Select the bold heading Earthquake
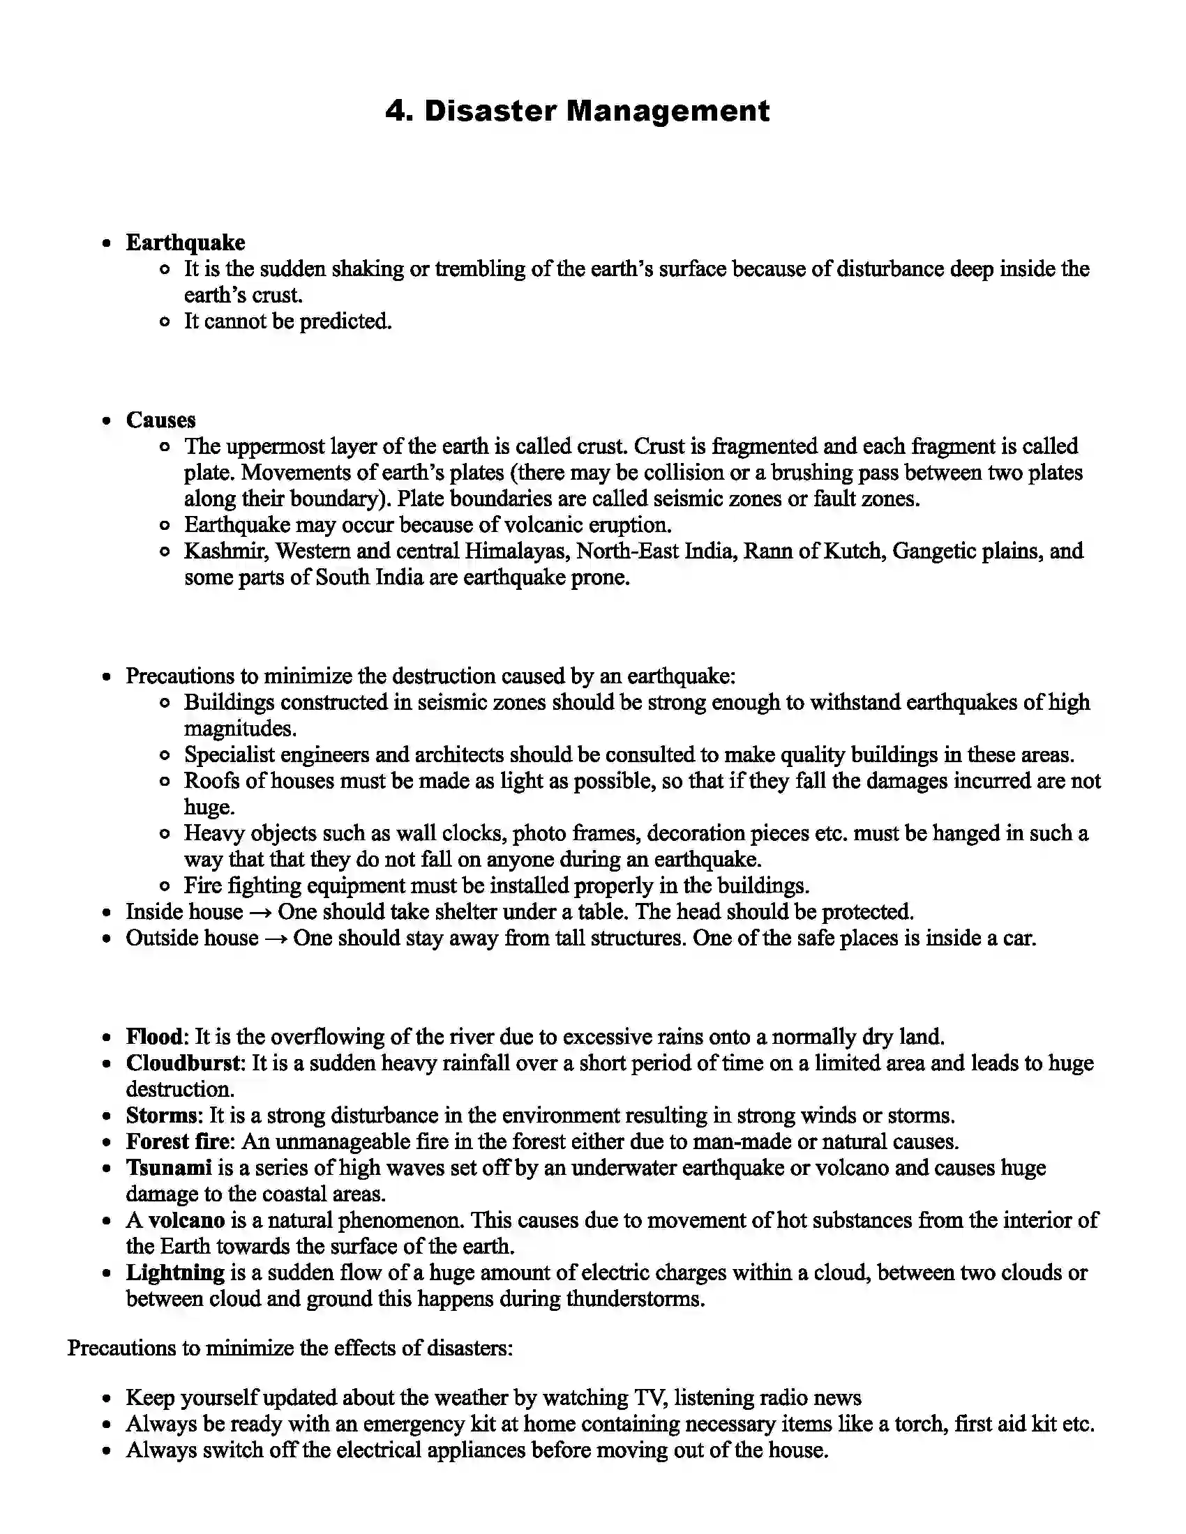(x=186, y=243)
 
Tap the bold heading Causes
(x=160, y=420)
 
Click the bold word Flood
(x=154, y=1038)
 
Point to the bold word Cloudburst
(x=184, y=1063)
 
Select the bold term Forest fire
(x=178, y=1142)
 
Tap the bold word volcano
(x=186, y=1221)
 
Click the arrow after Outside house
(x=276, y=939)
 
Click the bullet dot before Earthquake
(x=106, y=244)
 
